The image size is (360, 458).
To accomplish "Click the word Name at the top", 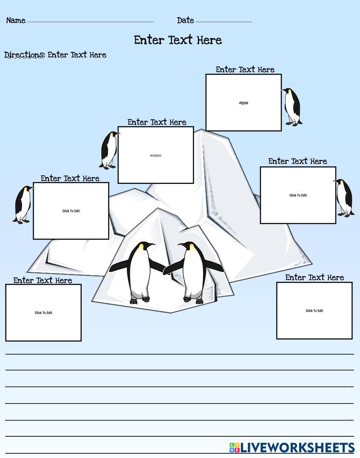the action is [16, 20].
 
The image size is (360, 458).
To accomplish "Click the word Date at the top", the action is [185, 20].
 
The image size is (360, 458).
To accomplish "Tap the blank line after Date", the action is [223, 21].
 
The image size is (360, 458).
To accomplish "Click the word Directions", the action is [24, 55].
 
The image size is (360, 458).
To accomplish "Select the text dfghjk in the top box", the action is [243, 103].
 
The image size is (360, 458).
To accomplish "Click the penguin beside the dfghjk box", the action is [292, 107].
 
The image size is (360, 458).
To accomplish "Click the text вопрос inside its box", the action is [156, 155].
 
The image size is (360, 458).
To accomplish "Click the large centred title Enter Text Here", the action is [178, 40].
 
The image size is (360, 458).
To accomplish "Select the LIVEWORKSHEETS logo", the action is [292, 448].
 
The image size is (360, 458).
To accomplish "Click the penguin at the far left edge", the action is [23, 204].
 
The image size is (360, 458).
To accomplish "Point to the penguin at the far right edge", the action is [344, 198].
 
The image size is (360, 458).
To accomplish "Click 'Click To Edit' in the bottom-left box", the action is [43, 313].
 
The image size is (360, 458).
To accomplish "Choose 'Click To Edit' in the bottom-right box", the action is [314, 311].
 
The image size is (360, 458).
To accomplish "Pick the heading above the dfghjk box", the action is [245, 70].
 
